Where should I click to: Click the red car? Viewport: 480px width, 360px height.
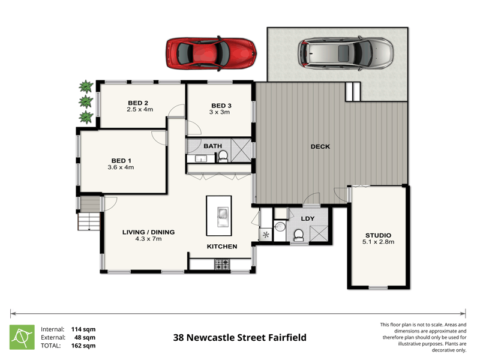click(211, 54)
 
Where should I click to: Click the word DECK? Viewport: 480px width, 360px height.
click(320, 146)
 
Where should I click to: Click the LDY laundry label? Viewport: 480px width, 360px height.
click(307, 219)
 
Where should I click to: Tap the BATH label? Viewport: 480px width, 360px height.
click(212, 146)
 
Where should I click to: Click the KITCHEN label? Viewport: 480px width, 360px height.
click(222, 247)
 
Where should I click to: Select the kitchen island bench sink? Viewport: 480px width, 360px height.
click(221, 215)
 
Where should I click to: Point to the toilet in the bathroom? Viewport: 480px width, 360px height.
click(223, 157)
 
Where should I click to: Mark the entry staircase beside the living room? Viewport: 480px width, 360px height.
click(88, 214)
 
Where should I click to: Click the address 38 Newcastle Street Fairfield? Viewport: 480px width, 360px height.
click(239, 338)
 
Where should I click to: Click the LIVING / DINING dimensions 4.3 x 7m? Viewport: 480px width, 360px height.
click(148, 239)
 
